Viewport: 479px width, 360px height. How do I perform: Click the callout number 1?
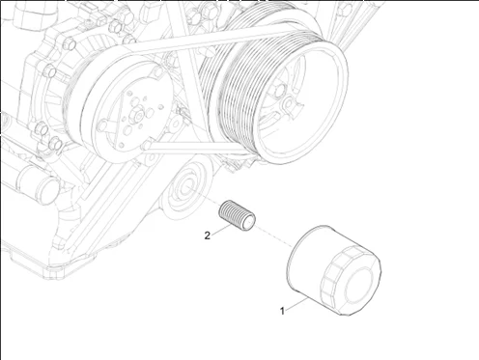point(282,311)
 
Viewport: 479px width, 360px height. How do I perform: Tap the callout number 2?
point(208,235)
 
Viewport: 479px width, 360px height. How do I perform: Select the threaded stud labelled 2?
point(237,215)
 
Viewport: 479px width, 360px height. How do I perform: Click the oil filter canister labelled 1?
point(334,270)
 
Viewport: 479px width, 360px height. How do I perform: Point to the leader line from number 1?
point(296,304)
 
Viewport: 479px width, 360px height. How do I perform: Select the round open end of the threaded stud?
point(249,222)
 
